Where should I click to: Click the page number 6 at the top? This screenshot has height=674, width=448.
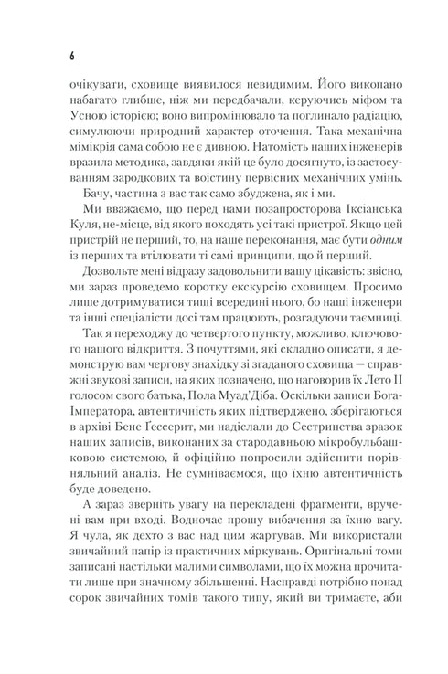click(70, 55)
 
